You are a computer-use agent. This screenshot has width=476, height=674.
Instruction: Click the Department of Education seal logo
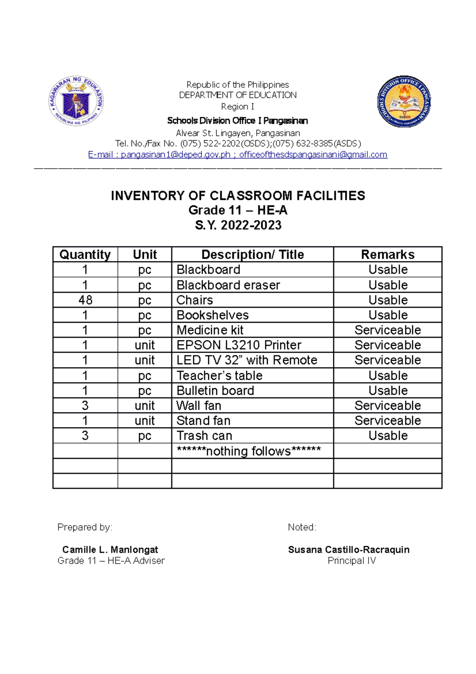[x=76, y=101]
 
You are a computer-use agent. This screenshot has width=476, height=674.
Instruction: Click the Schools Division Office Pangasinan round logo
[x=404, y=102]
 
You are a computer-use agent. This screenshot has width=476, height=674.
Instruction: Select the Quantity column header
[x=85, y=254]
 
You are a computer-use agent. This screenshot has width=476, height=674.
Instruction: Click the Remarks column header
[x=388, y=254]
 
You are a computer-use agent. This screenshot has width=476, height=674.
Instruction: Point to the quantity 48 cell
[x=85, y=300]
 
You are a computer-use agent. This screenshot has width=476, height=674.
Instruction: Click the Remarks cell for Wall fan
[x=388, y=405]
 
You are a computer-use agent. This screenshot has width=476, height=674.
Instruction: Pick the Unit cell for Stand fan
[x=144, y=420]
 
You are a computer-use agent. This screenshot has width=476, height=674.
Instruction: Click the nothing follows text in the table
[x=249, y=451]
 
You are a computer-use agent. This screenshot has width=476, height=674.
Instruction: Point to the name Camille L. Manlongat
[x=110, y=549]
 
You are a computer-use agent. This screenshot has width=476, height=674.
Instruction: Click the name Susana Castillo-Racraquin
[x=349, y=549]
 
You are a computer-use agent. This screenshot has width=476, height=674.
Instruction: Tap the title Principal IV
[x=351, y=560]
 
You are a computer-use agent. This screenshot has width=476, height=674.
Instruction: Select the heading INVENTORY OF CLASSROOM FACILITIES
[x=238, y=196]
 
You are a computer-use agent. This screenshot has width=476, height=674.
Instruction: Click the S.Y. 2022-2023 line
[x=238, y=225]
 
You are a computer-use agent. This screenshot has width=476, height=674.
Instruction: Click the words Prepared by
[x=85, y=527]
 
